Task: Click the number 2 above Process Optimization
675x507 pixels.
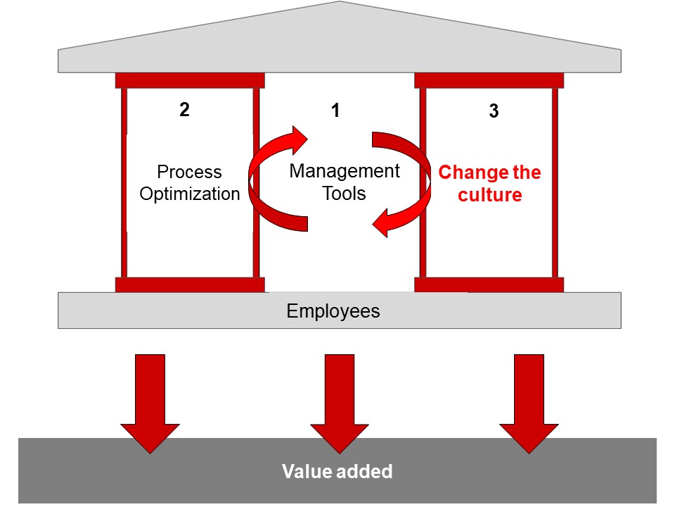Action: [x=184, y=110]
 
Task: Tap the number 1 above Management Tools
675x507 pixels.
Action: [x=335, y=111]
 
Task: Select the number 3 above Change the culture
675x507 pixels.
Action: [x=494, y=111]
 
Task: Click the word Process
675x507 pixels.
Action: [x=189, y=172]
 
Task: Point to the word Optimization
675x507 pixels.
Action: [x=190, y=194]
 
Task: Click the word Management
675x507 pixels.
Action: [x=345, y=171]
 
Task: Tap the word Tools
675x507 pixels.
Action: [x=344, y=193]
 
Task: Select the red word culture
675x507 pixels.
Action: [x=490, y=195]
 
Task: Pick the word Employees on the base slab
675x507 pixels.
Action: [x=333, y=311]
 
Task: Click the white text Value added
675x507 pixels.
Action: [x=337, y=471]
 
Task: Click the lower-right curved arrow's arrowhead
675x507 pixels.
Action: [x=381, y=223]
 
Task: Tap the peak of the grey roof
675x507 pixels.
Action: [x=340, y=1]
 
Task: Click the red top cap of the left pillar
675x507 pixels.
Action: [x=190, y=80]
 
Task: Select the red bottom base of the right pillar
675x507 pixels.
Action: [x=489, y=285]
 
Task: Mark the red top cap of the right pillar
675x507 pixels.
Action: [x=489, y=80]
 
